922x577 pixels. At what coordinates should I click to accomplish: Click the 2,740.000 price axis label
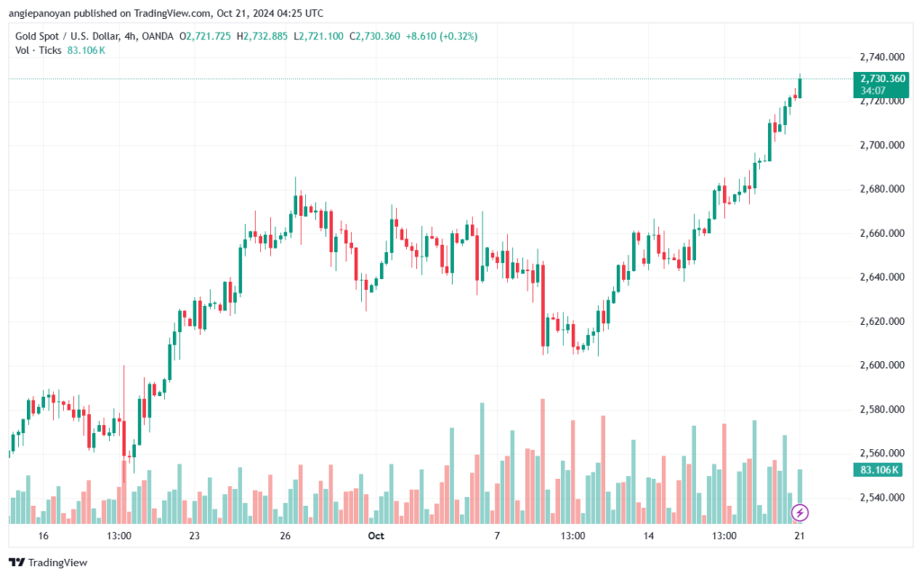882,57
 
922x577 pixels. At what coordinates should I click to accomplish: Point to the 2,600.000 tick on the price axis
882,365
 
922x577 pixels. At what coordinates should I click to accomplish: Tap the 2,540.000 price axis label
882,497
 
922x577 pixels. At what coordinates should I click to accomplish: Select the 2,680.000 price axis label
882,189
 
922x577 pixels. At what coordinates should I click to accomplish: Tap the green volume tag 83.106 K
878,470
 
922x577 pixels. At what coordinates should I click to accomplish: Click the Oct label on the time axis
375,536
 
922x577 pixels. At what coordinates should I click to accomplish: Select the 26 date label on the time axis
285,536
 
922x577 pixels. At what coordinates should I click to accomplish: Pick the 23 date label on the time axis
194,536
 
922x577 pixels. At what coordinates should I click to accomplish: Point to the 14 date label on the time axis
648,536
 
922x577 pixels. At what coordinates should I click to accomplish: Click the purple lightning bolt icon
800,512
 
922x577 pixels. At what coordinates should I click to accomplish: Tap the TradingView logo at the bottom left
49,563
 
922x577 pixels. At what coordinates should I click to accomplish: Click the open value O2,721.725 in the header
204,36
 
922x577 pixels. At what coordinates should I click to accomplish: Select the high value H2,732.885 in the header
262,36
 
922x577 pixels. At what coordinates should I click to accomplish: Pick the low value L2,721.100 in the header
318,36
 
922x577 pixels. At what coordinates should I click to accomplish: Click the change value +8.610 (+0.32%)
441,36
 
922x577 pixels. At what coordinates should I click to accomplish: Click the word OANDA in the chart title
158,36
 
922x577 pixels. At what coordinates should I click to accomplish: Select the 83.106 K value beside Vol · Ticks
86,50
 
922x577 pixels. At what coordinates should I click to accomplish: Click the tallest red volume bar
543,461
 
